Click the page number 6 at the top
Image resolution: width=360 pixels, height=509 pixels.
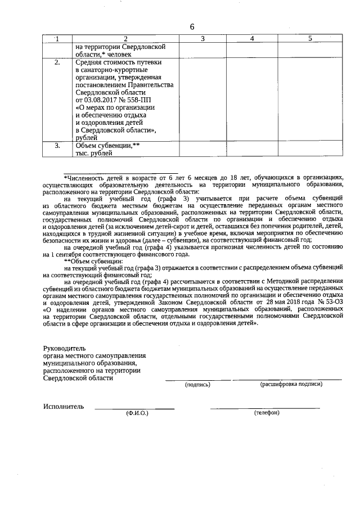click(192, 27)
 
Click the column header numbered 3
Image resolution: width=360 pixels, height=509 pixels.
click(202, 38)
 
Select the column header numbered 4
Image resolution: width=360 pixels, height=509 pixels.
click(252, 38)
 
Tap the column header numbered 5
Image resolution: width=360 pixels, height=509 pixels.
click(310, 38)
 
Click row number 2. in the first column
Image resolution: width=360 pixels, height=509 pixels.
click(57, 62)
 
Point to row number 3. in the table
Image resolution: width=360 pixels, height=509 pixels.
click(57, 146)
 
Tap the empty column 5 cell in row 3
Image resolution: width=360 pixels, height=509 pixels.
click(310, 149)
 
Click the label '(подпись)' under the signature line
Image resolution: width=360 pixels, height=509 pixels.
click(197, 385)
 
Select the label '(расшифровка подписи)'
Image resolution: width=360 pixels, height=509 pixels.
click(291, 385)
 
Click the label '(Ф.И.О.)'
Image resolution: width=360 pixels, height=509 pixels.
click(137, 413)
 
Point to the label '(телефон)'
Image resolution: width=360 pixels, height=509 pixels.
click(267, 413)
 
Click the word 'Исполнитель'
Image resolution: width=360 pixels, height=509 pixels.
click(64, 406)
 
